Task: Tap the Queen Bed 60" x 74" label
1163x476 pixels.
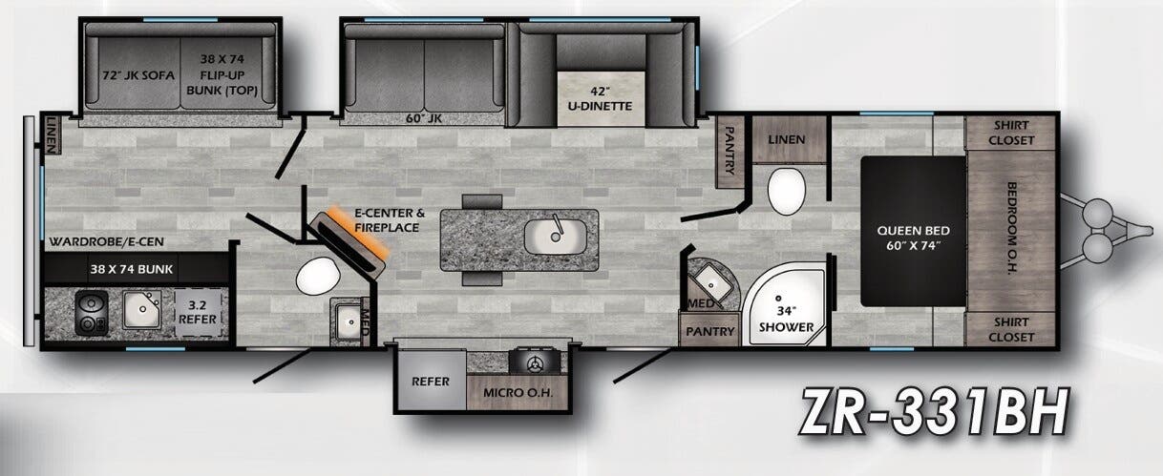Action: click(x=911, y=238)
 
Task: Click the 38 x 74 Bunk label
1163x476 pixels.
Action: click(x=131, y=268)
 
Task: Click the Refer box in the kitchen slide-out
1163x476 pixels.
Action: click(x=430, y=380)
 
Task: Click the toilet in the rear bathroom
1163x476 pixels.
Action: click(x=315, y=277)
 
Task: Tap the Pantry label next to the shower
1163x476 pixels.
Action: click(x=708, y=333)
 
